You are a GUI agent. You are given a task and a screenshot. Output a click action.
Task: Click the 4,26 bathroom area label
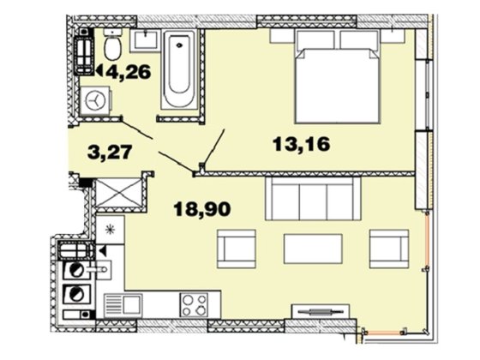click(x=128, y=72)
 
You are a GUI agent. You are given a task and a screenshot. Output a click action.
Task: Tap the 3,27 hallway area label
click(x=110, y=153)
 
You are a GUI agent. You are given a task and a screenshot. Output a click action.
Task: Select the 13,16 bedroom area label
click(x=302, y=144)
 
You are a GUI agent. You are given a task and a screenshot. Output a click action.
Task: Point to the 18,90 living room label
click(x=202, y=209)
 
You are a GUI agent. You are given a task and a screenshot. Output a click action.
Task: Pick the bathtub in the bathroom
click(x=179, y=69)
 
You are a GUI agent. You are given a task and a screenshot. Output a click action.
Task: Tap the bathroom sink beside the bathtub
click(x=145, y=40)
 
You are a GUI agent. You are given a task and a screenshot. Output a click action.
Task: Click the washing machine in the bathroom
click(x=95, y=100)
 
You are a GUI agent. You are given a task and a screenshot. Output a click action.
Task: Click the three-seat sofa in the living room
click(x=313, y=199)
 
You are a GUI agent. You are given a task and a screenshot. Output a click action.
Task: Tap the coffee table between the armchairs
click(x=313, y=249)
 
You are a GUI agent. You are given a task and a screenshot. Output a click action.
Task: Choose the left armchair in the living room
click(x=237, y=249)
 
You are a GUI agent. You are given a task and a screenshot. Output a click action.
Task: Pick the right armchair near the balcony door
click(x=389, y=249)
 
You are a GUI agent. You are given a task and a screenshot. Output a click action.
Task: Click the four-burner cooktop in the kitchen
click(x=194, y=304)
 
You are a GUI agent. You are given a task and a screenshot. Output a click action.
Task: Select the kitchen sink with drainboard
click(x=123, y=305)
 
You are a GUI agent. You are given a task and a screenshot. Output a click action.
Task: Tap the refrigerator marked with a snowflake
click(x=110, y=230)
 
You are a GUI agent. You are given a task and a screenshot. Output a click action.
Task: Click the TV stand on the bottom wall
click(x=321, y=312)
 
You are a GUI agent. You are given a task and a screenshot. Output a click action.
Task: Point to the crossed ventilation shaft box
click(x=118, y=193)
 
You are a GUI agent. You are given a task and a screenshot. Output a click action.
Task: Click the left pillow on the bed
click(x=315, y=39)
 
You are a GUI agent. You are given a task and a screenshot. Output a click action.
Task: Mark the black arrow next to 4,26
click(x=99, y=71)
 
